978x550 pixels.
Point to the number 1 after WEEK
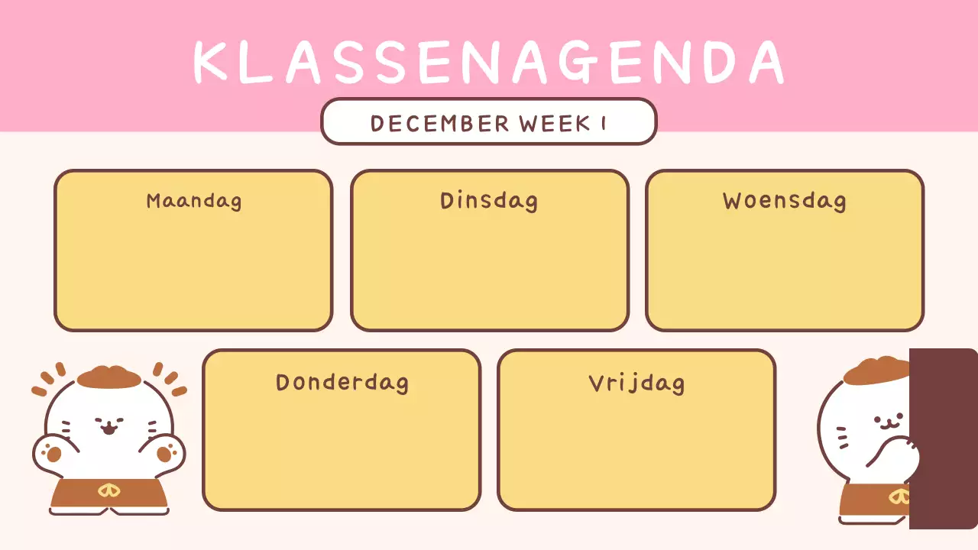click(604, 123)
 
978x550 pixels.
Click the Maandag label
click(194, 201)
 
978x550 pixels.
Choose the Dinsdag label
click(489, 201)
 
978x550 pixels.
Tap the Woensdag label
click(785, 201)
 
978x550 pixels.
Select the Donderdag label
click(342, 382)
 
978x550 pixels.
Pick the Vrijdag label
click(636, 382)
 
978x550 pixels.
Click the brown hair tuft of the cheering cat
click(108, 377)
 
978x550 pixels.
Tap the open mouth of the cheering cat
click(108, 430)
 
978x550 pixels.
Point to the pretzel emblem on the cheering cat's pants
click(108, 490)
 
